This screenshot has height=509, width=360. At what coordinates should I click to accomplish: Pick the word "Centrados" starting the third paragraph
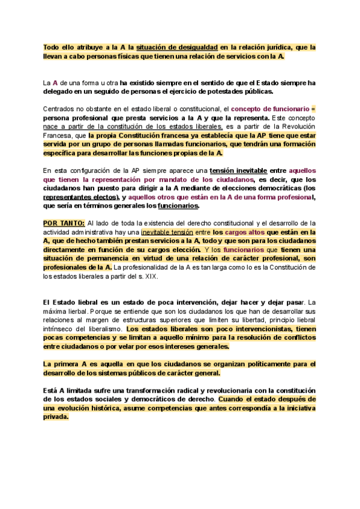tap(60, 109)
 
